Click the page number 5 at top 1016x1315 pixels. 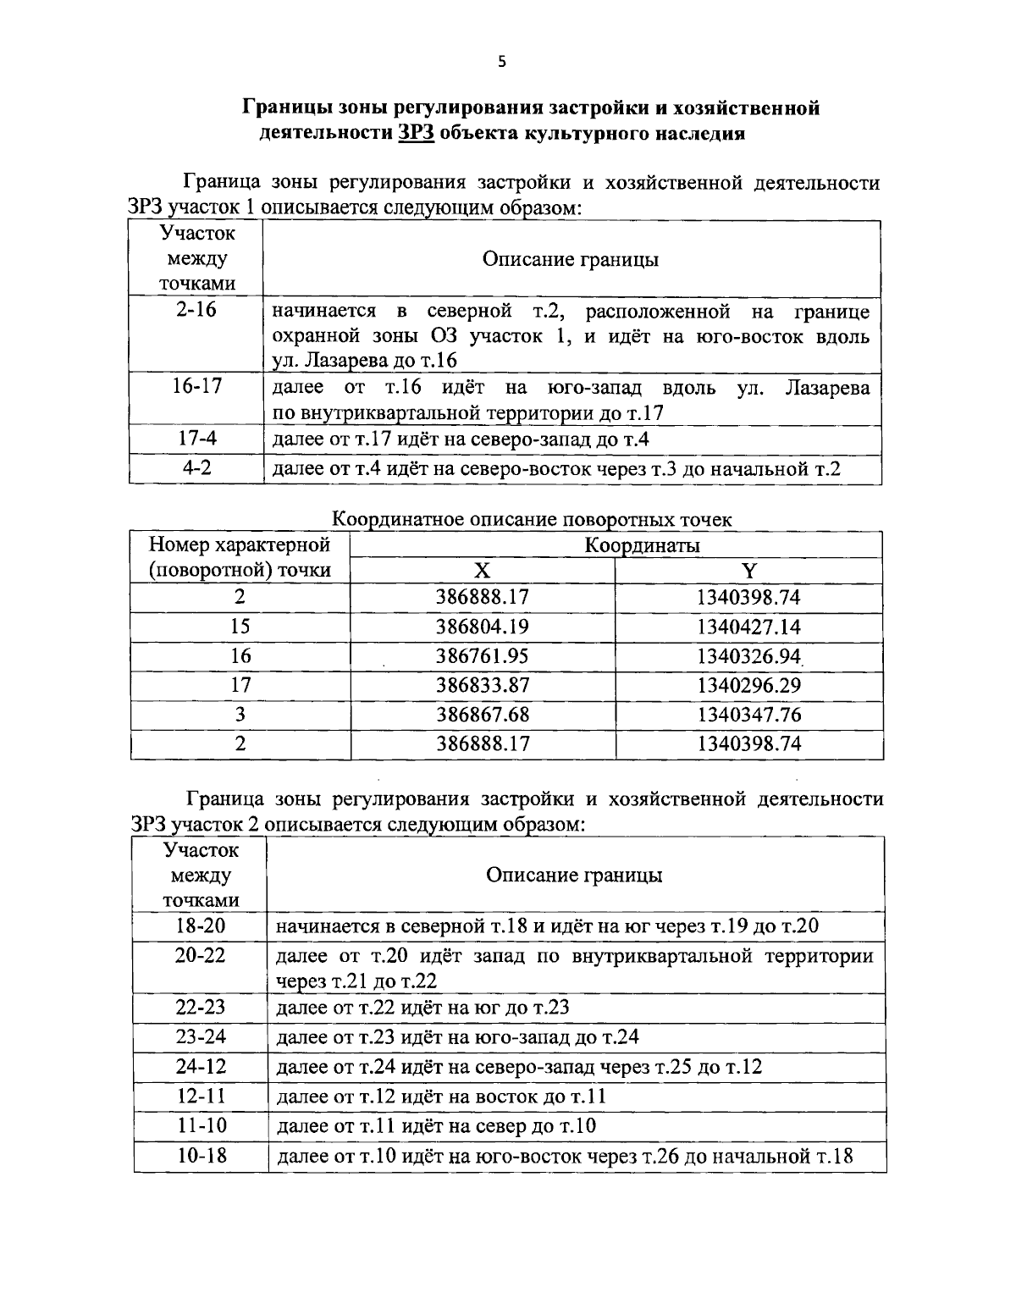point(501,61)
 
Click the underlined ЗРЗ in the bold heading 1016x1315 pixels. point(416,133)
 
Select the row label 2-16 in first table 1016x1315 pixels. point(196,310)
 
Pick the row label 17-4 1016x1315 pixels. point(196,439)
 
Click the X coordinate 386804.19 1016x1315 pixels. point(482,627)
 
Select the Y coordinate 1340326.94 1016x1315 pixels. point(748,656)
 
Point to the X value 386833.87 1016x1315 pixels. point(482,685)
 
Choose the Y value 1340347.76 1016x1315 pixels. point(748,715)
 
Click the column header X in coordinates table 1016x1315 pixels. point(482,571)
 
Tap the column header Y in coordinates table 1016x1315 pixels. point(748,571)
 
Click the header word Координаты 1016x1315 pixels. point(642,544)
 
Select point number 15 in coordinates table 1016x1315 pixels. point(240,627)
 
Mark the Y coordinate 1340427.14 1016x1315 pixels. point(748,627)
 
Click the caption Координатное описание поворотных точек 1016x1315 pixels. point(533,519)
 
